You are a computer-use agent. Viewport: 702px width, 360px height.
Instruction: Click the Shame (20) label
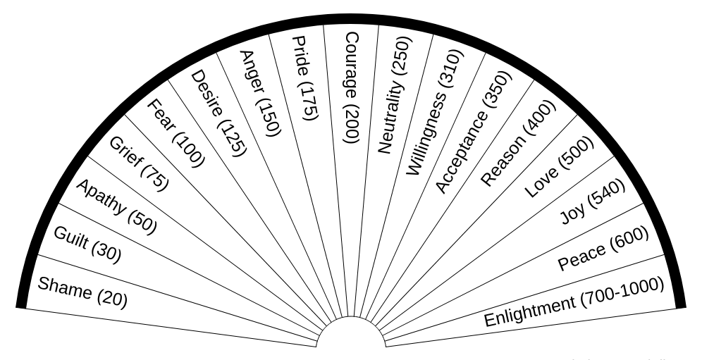[x=82, y=292]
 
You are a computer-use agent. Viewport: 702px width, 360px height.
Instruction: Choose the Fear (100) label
[x=175, y=133]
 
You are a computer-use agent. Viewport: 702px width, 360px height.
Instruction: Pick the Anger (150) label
[x=260, y=92]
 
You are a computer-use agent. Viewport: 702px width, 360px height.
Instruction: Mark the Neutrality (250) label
[x=395, y=94]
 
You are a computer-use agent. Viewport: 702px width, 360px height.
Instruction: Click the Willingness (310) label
[x=436, y=113]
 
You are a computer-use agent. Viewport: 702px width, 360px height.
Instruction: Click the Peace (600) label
[x=603, y=249]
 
